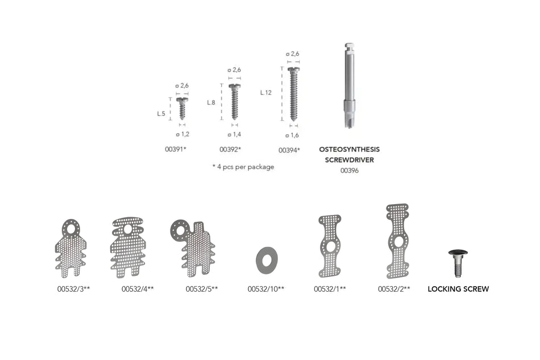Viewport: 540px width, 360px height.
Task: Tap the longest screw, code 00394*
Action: (x=293, y=94)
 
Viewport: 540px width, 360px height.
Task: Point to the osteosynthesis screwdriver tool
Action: (x=349, y=85)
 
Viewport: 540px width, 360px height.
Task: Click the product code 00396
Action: (x=349, y=170)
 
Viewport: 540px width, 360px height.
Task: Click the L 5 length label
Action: (x=162, y=114)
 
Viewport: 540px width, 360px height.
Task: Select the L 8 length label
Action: (x=211, y=102)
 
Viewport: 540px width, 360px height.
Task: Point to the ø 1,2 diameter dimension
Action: (x=182, y=134)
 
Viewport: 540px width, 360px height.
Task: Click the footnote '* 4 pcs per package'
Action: (x=243, y=167)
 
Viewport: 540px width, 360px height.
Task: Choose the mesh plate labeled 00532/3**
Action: (x=71, y=248)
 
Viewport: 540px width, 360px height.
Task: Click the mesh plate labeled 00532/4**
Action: (x=128, y=247)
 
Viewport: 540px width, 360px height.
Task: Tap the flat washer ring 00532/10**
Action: (x=267, y=260)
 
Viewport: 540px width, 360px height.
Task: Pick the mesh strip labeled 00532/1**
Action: (x=330, y=246)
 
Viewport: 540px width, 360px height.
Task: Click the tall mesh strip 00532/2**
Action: (x=398, y=241)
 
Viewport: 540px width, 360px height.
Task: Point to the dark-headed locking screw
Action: (x=458, y=262)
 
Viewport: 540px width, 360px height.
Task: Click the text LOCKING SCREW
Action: (x=458, y=289)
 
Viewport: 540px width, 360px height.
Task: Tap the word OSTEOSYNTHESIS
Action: (x=349, y=150)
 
